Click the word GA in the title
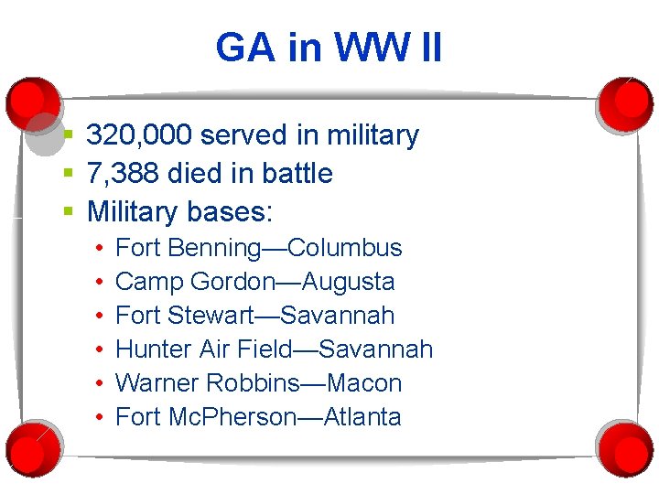tap(245, 48)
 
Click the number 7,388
tap(124, 173)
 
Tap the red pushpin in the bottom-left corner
tap(32, 447)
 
